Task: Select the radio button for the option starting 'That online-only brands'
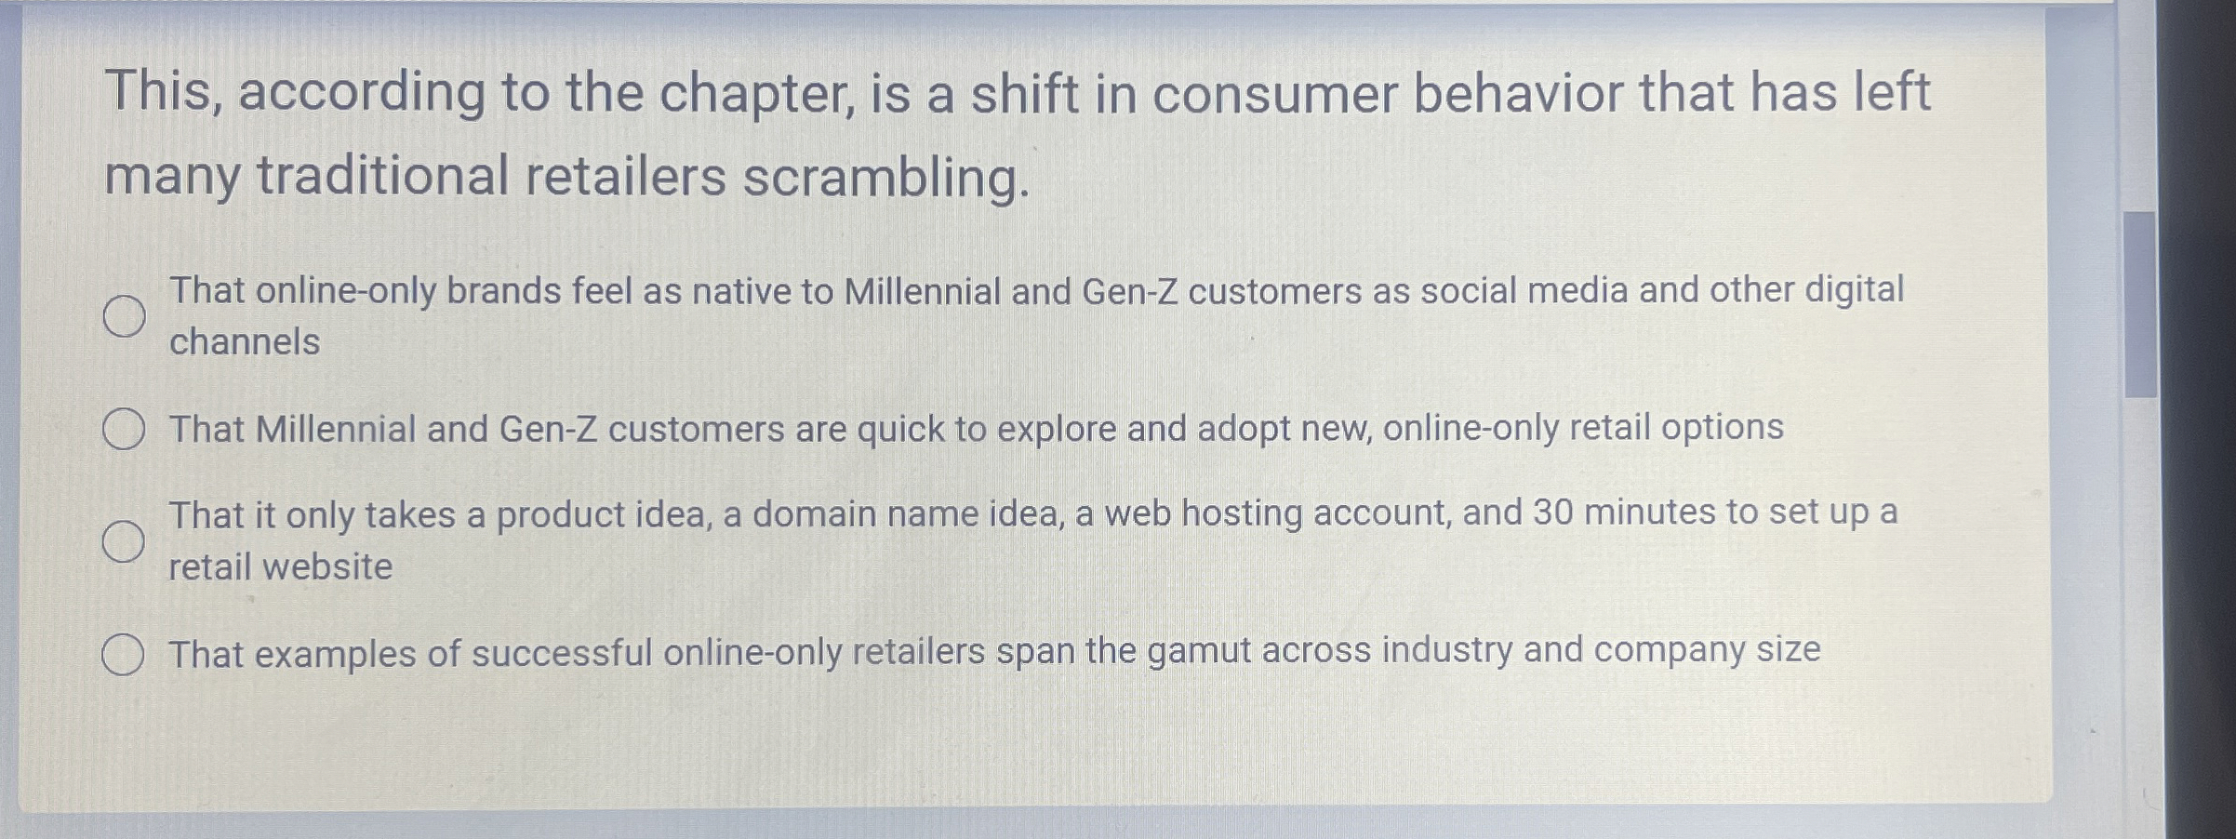(124, 316)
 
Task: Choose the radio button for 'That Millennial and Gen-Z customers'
(124, 430)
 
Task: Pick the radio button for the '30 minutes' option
(124, 541)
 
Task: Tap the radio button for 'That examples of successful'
(123, 654)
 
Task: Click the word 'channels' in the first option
(245, 342)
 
